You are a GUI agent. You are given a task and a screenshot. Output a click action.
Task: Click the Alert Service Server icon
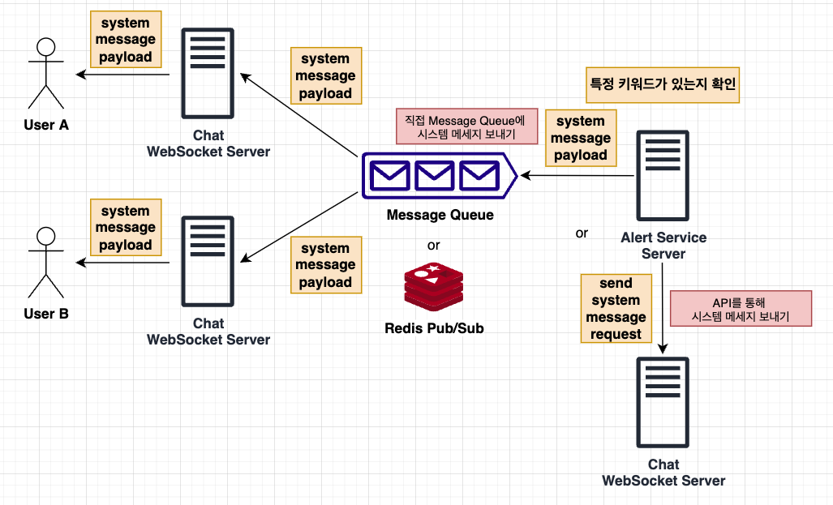coord(663,177)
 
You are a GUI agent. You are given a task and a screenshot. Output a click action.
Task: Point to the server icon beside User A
coord(208,75)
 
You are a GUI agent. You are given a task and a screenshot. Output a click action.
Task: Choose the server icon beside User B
coord(208,262)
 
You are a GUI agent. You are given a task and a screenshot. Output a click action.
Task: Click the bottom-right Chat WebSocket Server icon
coord(663,403)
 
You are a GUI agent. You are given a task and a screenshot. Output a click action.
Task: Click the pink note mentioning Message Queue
coord(466,126)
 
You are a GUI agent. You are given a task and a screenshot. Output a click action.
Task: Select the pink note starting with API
coord(741,309)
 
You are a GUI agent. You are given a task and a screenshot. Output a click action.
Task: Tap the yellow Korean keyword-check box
coord(663,84)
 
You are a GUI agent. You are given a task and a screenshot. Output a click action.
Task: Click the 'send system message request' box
coord(616,309)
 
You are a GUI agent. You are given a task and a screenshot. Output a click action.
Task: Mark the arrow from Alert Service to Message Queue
coord(576,175)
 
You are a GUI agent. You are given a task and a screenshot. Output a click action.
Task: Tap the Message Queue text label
coord(440,216)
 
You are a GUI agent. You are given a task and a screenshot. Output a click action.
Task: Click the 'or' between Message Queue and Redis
coord(434,245)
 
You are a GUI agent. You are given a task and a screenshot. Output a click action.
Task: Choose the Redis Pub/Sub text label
coord(434,328)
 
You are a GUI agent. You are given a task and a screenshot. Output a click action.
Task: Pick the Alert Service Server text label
coord(663,246)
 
